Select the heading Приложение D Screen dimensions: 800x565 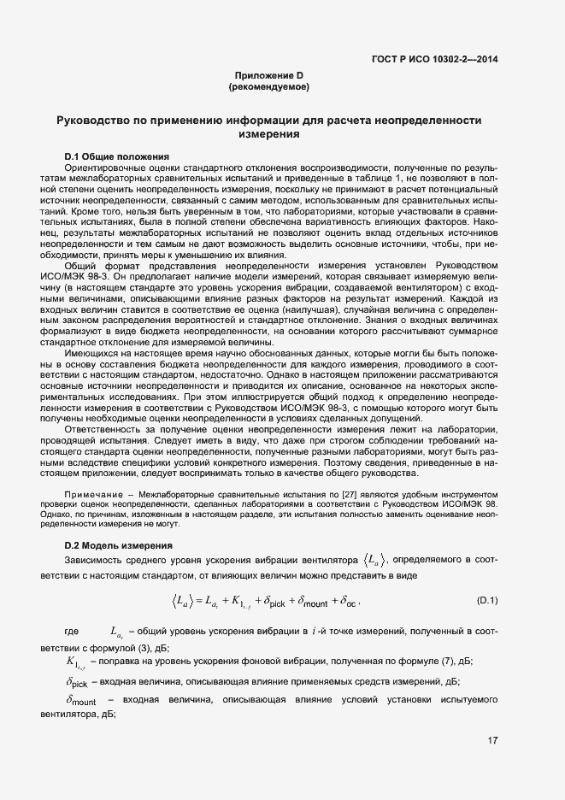[x=269, y=76]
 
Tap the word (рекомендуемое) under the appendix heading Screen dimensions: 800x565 [x=269, y=87]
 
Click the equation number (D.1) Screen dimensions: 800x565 [x=486, y=601]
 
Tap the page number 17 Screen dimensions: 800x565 [x=492, y=740]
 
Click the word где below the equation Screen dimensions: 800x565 [x=72, y=632]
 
